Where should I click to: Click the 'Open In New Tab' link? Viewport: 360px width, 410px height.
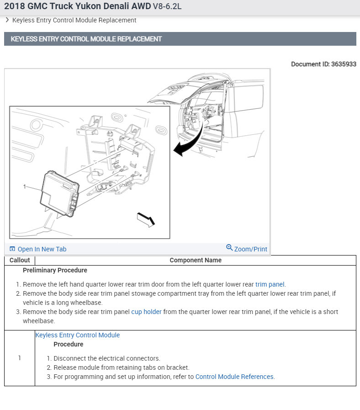[42, 249]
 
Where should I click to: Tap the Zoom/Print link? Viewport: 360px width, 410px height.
[250, 249]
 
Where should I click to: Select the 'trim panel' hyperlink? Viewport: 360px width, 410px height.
[270, 284]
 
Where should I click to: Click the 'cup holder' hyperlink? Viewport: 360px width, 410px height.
[146, 312]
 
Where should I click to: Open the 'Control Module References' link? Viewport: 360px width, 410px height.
[234, 377]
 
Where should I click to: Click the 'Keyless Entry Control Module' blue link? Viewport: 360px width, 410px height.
[78, 335]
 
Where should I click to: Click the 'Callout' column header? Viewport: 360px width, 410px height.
[20, 260]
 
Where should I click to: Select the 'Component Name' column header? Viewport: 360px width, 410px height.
[196, 260]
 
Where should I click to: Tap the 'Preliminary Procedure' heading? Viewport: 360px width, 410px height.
[55, 270]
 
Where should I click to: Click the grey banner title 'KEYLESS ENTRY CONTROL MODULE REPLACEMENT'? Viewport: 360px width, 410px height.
[86, 39]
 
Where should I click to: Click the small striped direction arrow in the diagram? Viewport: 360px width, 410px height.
[146, 219]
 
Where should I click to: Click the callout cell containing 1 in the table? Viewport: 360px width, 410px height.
[20, 358]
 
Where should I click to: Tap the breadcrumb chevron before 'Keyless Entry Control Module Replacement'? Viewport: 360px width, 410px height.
[7, 20]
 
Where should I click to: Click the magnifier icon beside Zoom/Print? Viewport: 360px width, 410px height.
[229, 248]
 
